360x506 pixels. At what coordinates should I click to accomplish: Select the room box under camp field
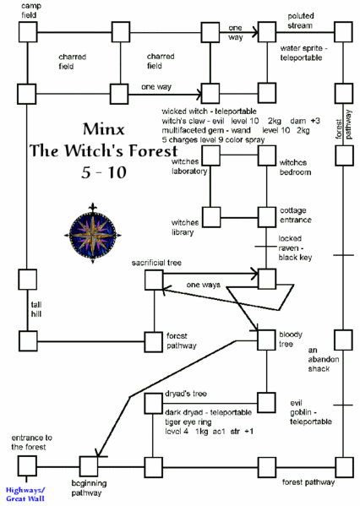click(27, 32)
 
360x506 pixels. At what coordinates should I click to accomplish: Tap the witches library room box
click(210, 215)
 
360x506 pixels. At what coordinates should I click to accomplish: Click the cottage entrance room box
click(267, 215)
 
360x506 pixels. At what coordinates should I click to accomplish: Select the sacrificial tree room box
click(155, 278)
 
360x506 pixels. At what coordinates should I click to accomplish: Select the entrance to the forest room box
click(27, 464)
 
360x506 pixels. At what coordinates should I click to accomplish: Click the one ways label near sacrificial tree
click(205, 285)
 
